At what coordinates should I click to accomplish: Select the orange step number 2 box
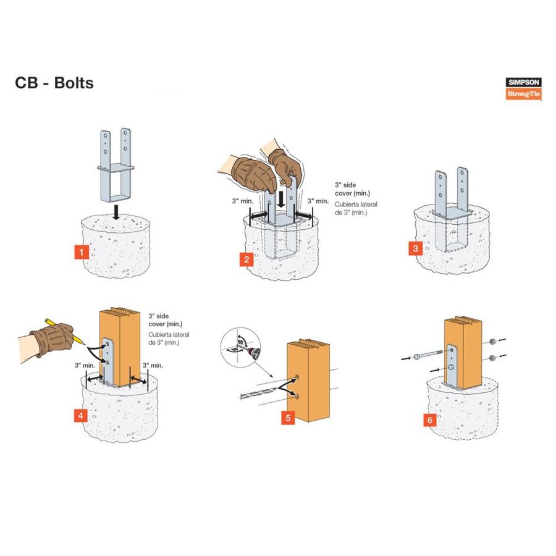(246, 259)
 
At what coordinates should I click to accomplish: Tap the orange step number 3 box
(416, 249)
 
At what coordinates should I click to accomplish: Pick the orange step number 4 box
(80, 416)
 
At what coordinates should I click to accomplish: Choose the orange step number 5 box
(287, 418)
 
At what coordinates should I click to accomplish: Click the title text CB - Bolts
(54, 83)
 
